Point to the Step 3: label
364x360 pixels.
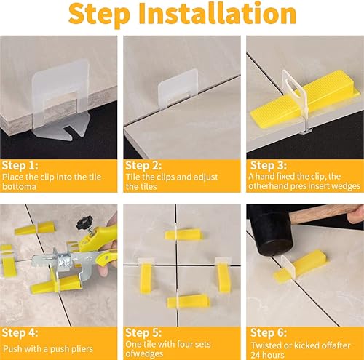point(267,164)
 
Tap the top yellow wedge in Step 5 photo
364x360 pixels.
point(182,234)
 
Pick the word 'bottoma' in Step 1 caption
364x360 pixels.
point(17,186)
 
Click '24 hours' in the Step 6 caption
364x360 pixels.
point(267,353)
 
